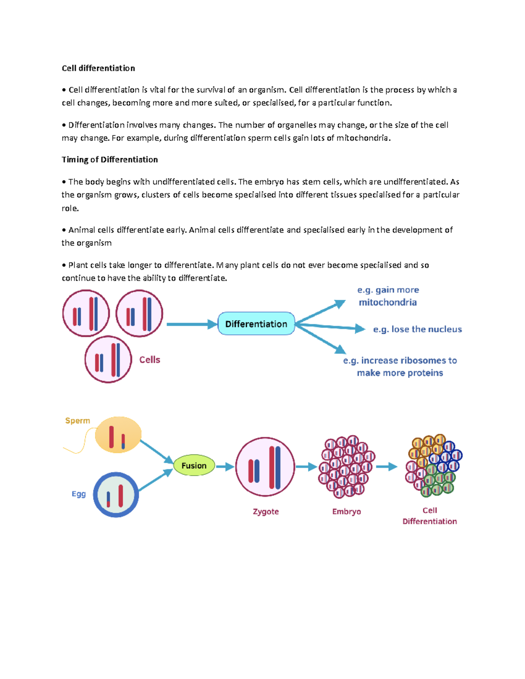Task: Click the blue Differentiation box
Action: point(256,324)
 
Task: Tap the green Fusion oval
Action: point(194,466)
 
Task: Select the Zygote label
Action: point(266,512)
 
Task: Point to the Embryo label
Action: point(346,512)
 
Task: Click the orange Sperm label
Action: point(77,421)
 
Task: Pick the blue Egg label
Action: point(79,494)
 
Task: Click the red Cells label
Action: point(150,360)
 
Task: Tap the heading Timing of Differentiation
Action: point(110,160)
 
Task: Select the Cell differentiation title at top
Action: point(98,68)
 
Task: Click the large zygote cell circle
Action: point(265,467)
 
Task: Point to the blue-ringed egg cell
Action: point(116,495)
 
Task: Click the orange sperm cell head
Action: point(118,435)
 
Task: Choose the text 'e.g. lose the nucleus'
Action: point(417,329)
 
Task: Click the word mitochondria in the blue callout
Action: point(388,302)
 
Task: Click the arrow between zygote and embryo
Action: point(306,467)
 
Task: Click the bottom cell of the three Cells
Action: point(108,359)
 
